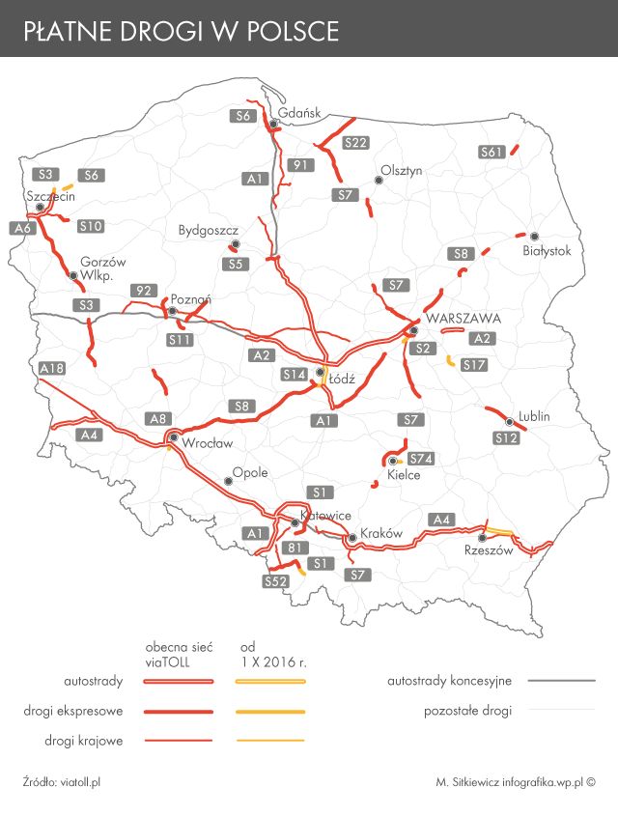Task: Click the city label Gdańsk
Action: coord(299,112)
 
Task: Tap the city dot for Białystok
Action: coord(532,236)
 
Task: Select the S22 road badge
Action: coord(355,143)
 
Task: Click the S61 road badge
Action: coord(492,152)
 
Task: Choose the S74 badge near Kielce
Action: coord(420,458)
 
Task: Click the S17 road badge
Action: coord(473,365)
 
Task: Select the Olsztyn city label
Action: coord(402,170)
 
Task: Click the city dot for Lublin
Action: coord(509,420)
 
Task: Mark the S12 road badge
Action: coord(506,438)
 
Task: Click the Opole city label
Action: coord(250,473)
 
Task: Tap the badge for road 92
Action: coord(144,291)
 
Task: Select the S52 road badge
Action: coord(276,581)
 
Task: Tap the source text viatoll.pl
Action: coord(79,781)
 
